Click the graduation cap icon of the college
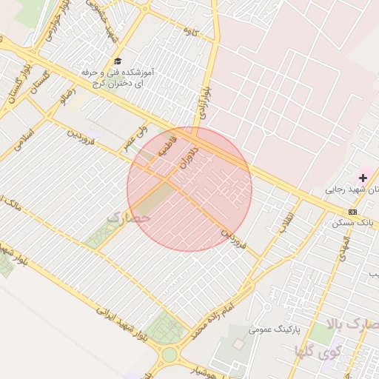pyautogui.click(x=118, y=61)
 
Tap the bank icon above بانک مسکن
pyautogui.click(x=352, y=212)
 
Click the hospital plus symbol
pyautogui.click(x=363, y=178)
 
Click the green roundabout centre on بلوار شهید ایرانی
pyautogui.click(x=170, y=355)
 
